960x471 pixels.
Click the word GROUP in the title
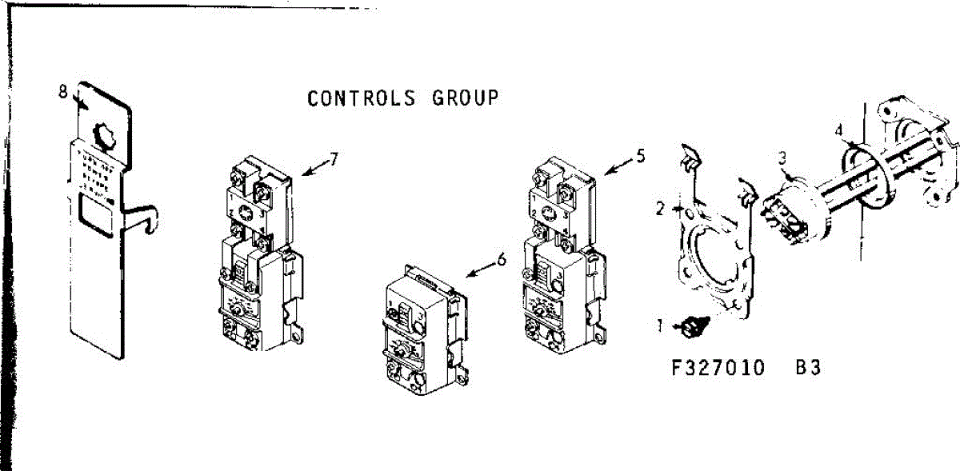coord(466,98)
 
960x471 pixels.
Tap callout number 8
coord(63,91)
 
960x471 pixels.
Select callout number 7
coord(334,158)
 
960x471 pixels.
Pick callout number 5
coord(640,156)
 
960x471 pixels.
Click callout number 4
coord(838,129)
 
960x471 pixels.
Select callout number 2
coord(660,210)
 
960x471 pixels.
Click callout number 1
coord(661,325)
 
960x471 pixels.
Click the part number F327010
coord(718,369)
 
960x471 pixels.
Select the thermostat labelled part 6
coord(420,328)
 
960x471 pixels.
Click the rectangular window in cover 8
coord(99,215)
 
